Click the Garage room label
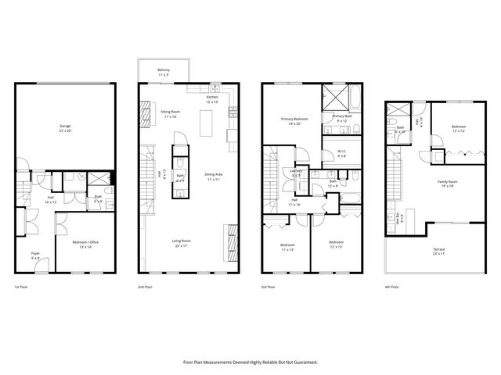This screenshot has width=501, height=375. point(65,126)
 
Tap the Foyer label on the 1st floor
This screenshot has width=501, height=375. point(35,254)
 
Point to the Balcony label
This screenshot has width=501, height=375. point(164,70)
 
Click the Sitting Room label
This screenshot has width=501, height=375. point(171,112)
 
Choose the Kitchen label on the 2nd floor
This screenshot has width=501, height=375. point(212,98)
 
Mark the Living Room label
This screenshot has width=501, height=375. point(182,241)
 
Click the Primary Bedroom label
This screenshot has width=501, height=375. point(295,119)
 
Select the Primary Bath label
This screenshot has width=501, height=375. point(342,116)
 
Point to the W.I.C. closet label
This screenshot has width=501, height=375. point(341,152)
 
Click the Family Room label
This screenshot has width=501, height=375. point(447,181)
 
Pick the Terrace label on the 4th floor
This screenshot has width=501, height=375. point(438,250)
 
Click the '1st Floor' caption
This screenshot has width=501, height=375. point(23,287)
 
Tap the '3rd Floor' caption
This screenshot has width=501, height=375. point(269,287)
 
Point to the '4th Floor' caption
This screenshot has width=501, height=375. point(392,287)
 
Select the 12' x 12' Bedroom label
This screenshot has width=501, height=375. point(459,127)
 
